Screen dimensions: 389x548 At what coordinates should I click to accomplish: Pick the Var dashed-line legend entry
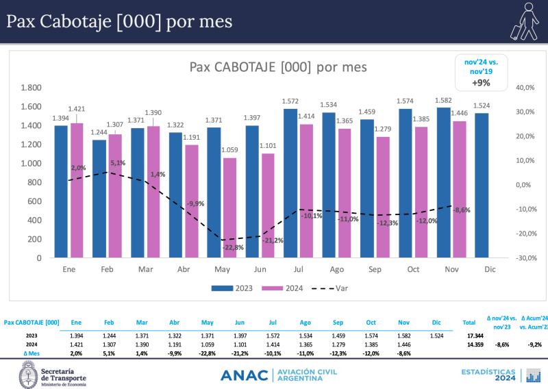click(x=331, y=288)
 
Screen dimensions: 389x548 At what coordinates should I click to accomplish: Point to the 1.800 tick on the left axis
click(x=31, y=88)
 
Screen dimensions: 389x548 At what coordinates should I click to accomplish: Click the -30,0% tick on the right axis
click(x=525, y=258)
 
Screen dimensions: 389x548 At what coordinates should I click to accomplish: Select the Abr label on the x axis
click(x=183, y=270)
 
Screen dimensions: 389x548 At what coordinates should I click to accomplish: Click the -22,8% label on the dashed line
click(x=232, y=247)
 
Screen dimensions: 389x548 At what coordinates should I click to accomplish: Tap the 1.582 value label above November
click(x=443, y=100)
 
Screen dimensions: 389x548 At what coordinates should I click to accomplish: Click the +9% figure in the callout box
click(x=481, y=83)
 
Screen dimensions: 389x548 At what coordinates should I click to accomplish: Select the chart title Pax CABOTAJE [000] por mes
click(x=277, y=67)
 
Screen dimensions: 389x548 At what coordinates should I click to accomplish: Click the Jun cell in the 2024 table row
click(x=239, y=344)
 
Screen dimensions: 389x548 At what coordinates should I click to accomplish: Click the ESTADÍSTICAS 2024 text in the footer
click(x=487, y=375)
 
